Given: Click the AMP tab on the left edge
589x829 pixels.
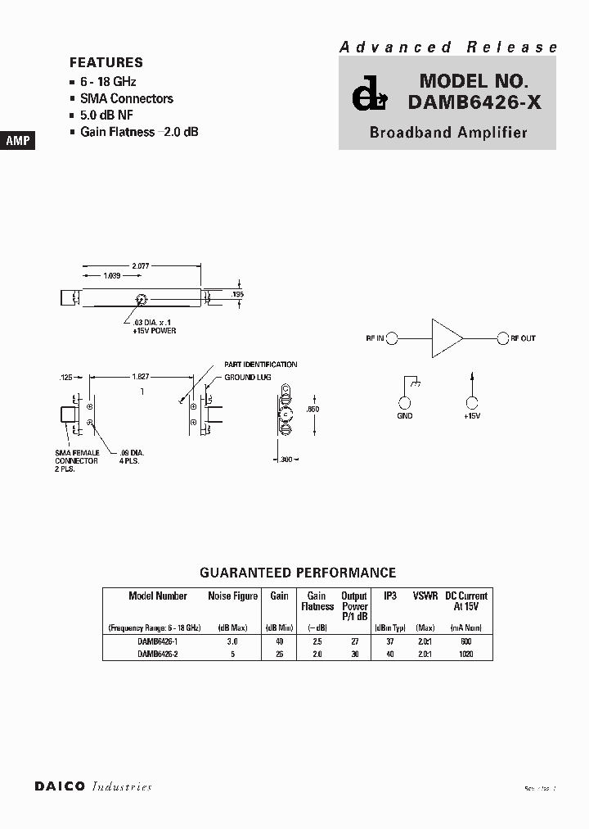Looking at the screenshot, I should coord(18,141).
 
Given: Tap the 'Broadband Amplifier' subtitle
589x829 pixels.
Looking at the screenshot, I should coord(448,132).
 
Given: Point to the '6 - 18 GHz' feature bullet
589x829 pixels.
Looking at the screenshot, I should coord(108,82).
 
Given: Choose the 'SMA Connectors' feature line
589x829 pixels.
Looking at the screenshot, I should coord(127,98).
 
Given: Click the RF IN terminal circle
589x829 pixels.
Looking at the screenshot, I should coord(392,338).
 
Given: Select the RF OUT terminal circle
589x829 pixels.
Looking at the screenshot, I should coord(501,338).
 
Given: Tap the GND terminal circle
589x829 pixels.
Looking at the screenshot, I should coord(404,402).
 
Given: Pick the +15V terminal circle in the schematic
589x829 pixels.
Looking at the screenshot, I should coord(471,402).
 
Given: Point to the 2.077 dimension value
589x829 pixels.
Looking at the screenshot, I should coord(141,266).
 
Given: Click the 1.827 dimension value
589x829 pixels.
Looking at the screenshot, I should coord(141,376).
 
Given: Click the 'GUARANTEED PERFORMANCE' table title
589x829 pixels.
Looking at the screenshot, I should coord(298,573).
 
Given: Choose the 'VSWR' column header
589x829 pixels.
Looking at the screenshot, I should coord(425,596).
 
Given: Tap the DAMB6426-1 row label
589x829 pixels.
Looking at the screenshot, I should coord(158,642).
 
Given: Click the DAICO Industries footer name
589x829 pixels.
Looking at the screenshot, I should coord(93,786).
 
